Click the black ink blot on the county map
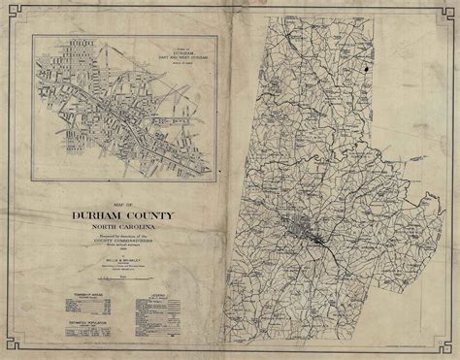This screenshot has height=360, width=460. click(x=367, y=71)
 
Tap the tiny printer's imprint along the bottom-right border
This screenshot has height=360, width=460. click(x=408, y=336)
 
